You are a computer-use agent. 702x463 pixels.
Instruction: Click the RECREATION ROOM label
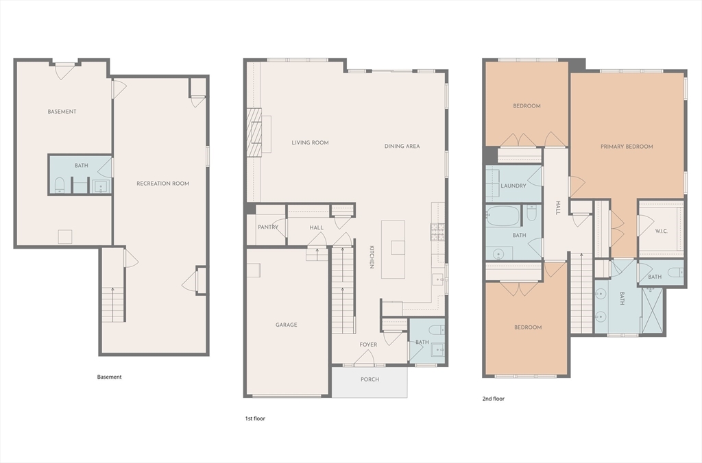coord(162,184)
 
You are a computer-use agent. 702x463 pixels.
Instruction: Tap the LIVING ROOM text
coord(310,142)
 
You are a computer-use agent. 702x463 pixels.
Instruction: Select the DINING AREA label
coord(402,147)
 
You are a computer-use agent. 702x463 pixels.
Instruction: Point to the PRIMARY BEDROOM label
coord(627,147)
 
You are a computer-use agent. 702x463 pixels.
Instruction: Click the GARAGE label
coord(286,325)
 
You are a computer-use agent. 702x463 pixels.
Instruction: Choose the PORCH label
coord(370,379)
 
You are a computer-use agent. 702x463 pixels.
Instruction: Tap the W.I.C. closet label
coord(662,231)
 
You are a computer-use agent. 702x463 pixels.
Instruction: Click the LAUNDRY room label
coord(513,186)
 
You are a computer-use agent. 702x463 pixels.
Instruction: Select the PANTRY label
coord(268,227)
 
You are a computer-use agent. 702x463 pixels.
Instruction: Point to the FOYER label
coord(368,345)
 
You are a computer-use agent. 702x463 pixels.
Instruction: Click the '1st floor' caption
coord(255,418)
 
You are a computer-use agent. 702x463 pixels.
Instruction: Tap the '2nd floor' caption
coord(494,399)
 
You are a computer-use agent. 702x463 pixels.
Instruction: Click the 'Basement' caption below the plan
coord(109,377)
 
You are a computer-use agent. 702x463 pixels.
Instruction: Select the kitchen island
coord(393,249)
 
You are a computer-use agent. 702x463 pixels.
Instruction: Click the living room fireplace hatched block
coord(254,133)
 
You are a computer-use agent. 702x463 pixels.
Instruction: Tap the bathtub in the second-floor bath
coord(503,216)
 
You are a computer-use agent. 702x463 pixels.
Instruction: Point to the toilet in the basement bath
coord(59,185)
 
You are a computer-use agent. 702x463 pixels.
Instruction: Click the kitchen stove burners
coord(437,232)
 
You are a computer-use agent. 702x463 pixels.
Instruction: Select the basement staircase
coord(113,304)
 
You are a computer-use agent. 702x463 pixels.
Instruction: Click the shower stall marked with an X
coord(653,312)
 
